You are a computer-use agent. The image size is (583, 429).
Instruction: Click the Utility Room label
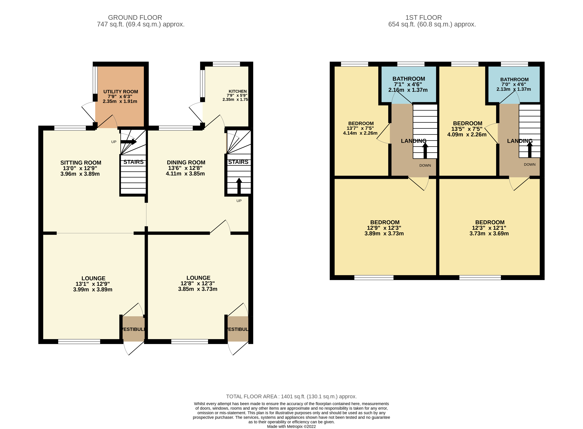(121, 92)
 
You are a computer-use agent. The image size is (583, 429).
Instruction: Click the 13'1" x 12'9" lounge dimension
(93, 284)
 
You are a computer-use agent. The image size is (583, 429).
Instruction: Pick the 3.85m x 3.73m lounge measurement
(197, 289)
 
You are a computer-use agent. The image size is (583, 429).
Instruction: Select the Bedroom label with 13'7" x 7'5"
(361, 124)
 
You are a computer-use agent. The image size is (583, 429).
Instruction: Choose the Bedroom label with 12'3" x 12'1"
(490, 223)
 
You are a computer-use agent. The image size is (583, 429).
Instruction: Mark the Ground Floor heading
(135, 18)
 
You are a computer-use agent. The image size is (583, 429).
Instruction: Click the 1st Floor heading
(423, 18)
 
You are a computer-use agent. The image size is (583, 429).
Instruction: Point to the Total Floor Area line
(291, 397)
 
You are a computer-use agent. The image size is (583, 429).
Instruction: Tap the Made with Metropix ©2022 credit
(291, 426)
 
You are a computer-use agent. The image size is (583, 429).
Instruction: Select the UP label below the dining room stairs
(239, 201)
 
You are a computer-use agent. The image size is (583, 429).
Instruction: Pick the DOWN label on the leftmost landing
(425, 165)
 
